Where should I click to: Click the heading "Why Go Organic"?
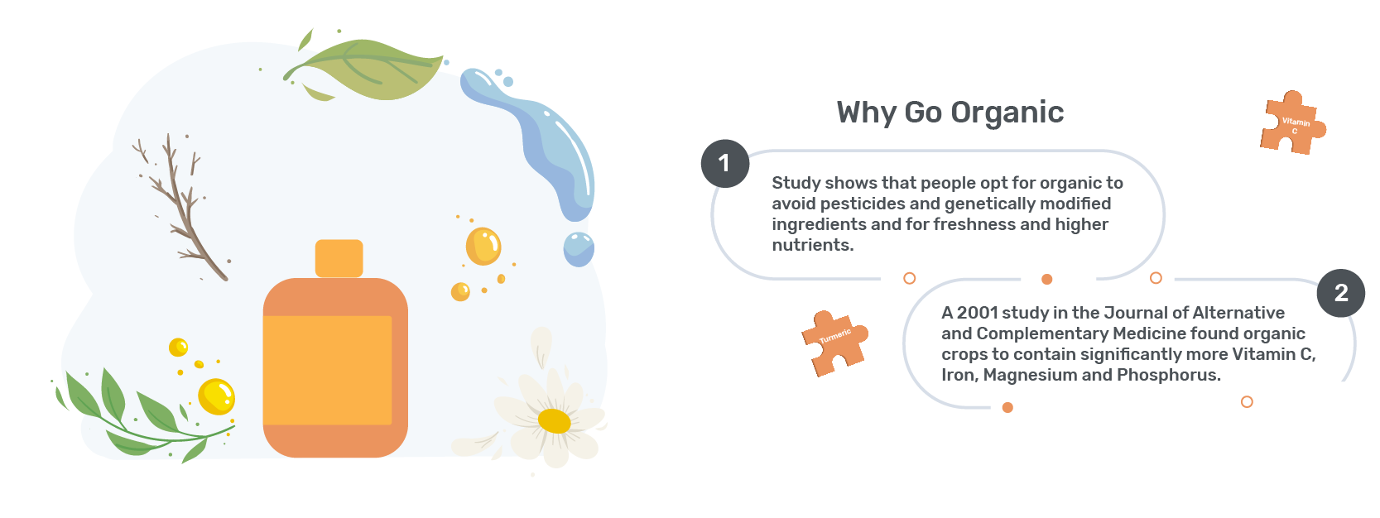click(x=950, y=113)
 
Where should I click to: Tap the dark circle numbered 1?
click(x=725, y=164)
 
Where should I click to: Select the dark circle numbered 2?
click(x=1341, y=293)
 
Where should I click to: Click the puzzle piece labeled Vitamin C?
click(x=1292, y=123)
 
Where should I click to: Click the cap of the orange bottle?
click(x=339, y=258)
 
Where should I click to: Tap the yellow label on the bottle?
click(x=327, y=370)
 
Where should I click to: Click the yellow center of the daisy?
click(x=554, y=421)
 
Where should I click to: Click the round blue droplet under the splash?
click(x=579, y=249)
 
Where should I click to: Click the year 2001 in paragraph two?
click(x=977, y=313)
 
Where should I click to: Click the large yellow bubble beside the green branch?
click(x=216, y=396)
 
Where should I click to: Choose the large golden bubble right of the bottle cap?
click(x=483, y=246)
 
